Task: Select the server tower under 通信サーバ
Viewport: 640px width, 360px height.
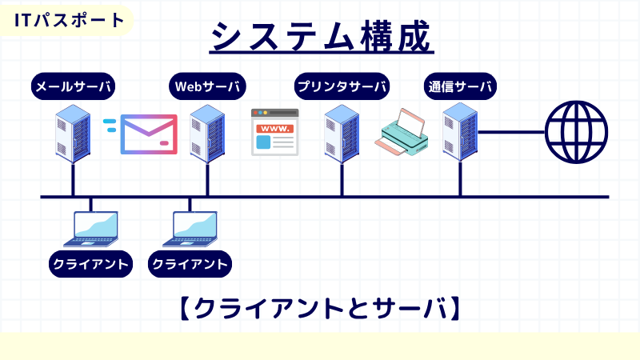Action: click(460, 132)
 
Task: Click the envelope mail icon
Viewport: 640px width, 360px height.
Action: click(148, 134)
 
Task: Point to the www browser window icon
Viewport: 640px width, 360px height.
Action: click(274, 132)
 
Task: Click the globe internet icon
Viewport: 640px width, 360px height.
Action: click(577, 131)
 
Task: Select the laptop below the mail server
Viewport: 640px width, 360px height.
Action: click(90, 228)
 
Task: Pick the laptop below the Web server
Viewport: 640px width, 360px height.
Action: click(190, 228)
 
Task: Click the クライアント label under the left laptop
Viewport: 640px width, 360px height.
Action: click(90, 263)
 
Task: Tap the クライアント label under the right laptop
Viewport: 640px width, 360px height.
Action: click(190, 263)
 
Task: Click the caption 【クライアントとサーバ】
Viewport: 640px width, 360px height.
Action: click(319, 308)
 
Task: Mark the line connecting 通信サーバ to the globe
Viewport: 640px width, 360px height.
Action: click(512, 131)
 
